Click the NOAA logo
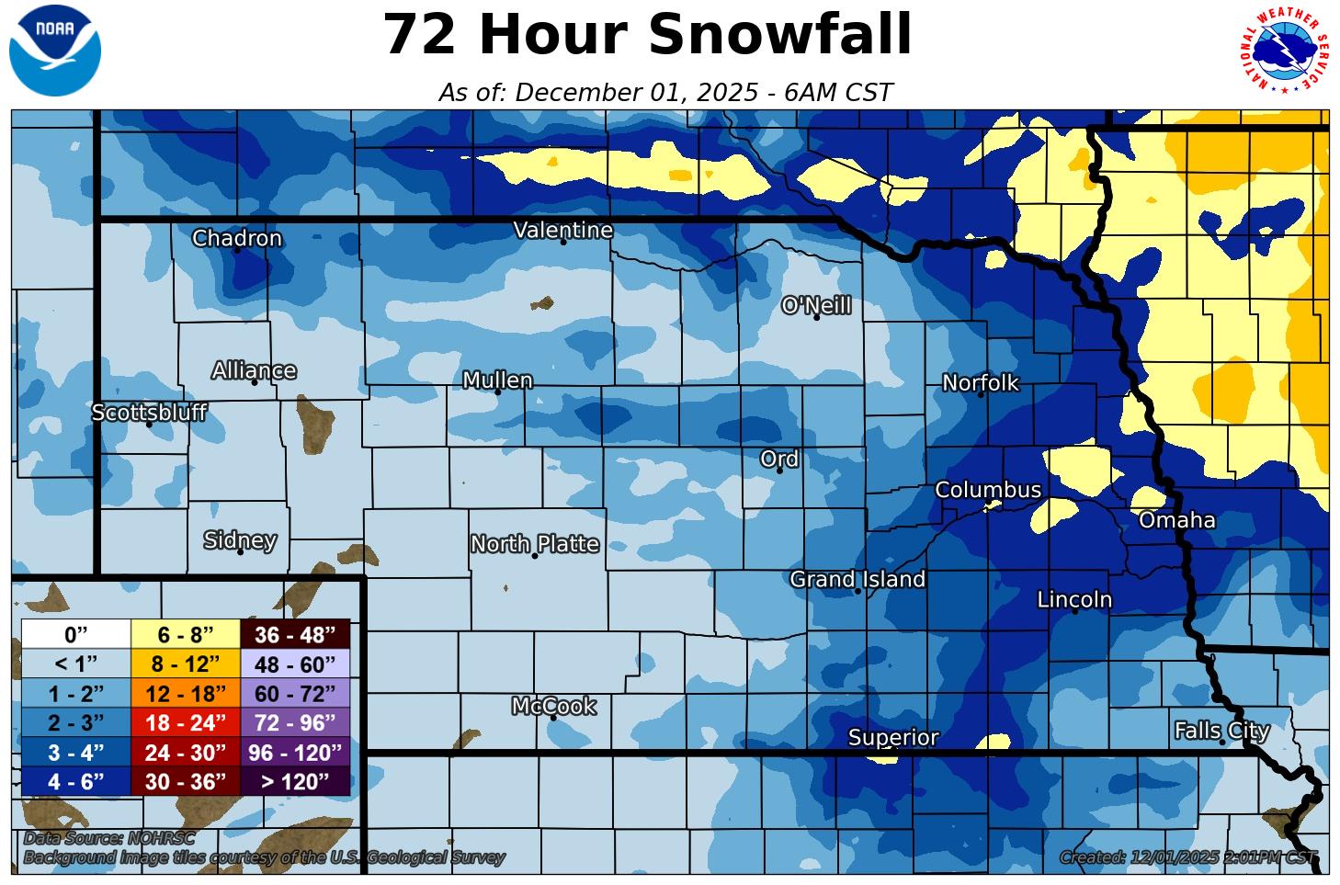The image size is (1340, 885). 55,51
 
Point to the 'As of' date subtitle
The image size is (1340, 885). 665,93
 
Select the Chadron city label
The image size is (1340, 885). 236,238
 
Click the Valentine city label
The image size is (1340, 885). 562,230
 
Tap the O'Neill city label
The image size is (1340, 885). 816,305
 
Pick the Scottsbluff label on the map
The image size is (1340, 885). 149,413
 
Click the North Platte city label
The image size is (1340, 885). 535,544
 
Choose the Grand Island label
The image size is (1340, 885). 857,579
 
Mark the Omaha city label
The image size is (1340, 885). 1176,520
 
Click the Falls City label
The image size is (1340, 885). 1221,731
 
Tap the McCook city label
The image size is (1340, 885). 553,706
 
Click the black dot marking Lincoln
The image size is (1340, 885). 1075,611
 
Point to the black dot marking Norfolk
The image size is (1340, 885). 981,394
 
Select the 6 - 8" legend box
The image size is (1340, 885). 185,634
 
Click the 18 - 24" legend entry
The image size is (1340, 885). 185,722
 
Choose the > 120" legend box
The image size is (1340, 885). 294,781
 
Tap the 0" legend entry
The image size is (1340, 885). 75,634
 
